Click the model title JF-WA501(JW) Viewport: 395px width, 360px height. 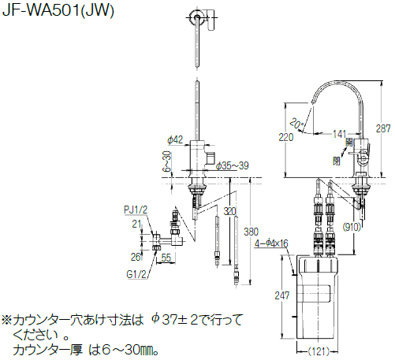[x=58, y=10]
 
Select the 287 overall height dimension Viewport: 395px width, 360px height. [x=383, y=128]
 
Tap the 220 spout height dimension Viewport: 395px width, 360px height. [x=286, y=137]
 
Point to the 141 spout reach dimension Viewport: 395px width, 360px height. [x=340, y=134]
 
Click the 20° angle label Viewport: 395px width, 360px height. [x=297, y=123]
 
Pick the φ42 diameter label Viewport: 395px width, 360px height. [x=175, y=139]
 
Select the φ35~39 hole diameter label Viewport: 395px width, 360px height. [x=232, y=165]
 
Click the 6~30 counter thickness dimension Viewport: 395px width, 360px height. [x=167, y=161]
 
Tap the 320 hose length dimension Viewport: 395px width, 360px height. [x=229, y=211]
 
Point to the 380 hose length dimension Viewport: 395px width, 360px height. [x=251, y=232]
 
